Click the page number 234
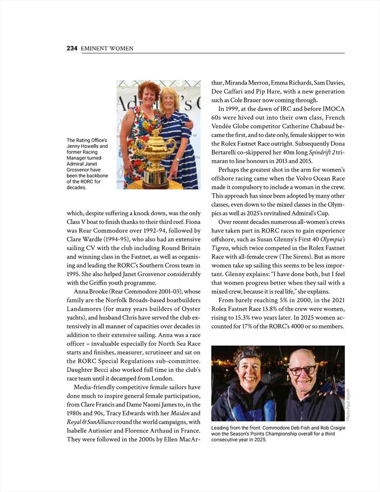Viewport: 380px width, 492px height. [x=72, y=48]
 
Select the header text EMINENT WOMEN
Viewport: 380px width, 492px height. [x=107, y=48]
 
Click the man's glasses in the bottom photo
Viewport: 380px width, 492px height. [x=302, y=370]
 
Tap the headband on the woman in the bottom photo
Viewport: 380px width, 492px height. [x=247, y=354]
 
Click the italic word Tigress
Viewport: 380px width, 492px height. [x=224, y=248]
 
